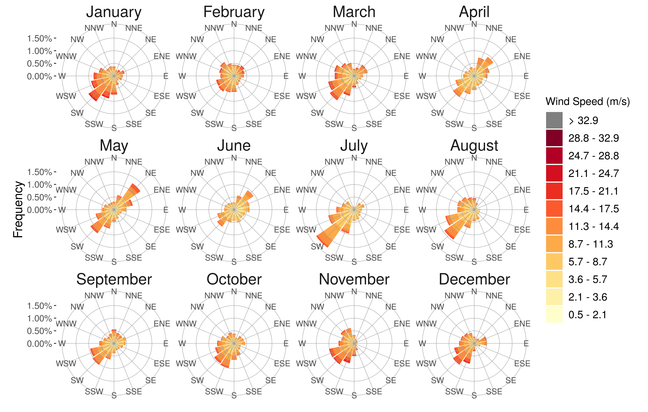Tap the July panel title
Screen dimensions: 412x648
coord(354,146)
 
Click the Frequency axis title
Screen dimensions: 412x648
coord(18,210)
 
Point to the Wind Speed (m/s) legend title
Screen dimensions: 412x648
coord(588,102)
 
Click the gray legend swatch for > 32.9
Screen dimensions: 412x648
coord(554,120)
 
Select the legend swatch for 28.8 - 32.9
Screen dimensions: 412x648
coord(554,138)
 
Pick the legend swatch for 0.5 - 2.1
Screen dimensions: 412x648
coord(554,314)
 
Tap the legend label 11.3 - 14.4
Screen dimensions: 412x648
coord(593,226)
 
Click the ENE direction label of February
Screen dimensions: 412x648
coord(282,56)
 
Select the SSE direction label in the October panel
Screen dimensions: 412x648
coord(254,392)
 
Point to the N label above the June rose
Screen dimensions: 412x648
coord(234,158)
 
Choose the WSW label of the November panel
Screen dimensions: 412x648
coord(306,364)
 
